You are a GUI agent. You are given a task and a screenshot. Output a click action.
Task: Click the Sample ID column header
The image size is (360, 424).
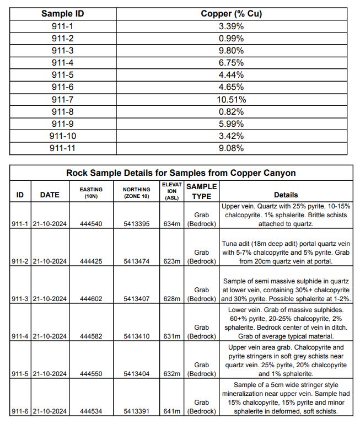63,13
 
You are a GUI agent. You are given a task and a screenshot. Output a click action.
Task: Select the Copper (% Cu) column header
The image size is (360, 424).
231,13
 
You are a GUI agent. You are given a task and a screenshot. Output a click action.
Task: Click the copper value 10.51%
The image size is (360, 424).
231,100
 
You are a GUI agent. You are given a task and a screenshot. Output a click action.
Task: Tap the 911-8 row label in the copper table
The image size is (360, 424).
63,112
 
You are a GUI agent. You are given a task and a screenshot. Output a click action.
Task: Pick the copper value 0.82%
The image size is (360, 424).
231,112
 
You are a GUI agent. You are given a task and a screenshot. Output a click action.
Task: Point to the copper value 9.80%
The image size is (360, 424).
231,50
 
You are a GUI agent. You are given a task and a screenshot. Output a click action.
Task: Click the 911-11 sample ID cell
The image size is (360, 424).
63,148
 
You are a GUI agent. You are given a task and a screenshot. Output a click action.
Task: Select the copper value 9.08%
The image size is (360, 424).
231,148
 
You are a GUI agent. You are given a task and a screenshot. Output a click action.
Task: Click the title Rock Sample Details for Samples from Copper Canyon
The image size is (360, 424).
181,173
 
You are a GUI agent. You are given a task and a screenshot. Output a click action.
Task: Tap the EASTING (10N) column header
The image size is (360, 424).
91,192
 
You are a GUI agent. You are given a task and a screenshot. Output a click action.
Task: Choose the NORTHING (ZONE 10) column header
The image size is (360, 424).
136,192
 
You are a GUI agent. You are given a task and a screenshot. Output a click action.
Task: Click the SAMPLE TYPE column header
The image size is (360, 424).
201,191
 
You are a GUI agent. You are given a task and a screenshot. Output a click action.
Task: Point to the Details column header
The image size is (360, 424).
286,195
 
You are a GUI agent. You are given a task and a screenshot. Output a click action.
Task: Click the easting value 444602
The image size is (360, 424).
91,299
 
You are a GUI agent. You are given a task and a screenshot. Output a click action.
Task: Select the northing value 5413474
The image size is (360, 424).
136,261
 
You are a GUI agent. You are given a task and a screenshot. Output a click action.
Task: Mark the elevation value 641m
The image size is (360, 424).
171,411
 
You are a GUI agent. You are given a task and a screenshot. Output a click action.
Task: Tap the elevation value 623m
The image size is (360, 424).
171,261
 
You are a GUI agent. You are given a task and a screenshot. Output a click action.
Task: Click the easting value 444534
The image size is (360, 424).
91,411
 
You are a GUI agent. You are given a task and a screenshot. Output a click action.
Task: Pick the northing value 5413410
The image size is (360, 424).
136,336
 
